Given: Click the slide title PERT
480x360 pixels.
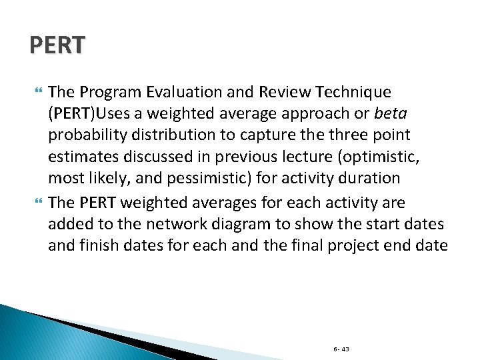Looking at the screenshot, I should point(58,45).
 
